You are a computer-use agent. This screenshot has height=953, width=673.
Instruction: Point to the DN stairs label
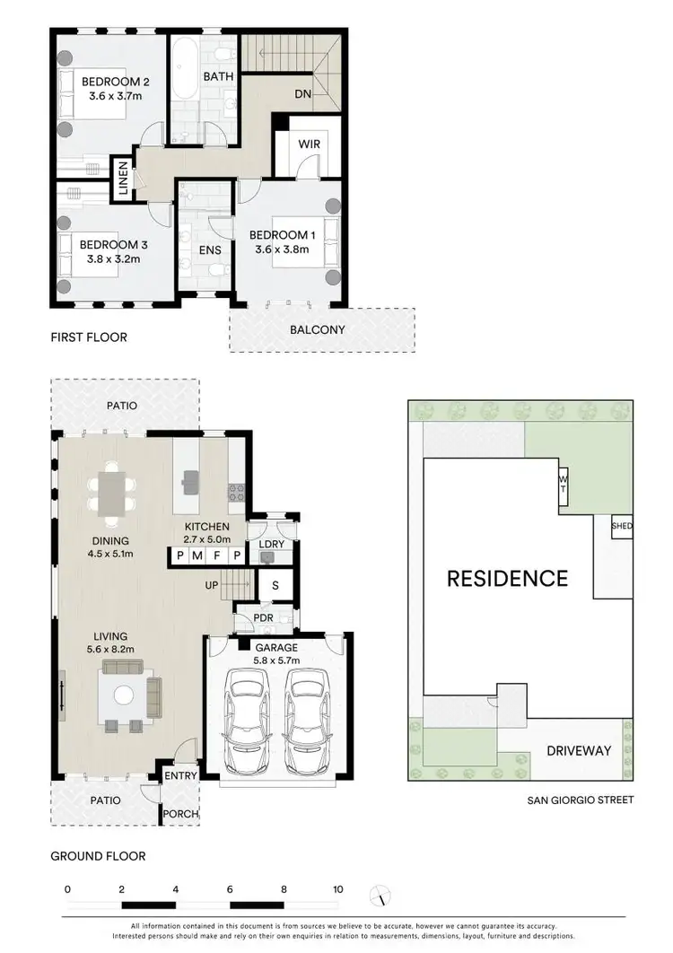coord(302,93)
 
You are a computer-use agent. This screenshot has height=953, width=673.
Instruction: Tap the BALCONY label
coord(317,329)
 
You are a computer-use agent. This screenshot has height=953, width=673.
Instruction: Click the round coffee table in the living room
coord(122,693)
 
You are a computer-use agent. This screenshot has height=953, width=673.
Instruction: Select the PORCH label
coord(179,814)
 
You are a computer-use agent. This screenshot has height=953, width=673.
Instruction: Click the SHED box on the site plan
coord(621,526)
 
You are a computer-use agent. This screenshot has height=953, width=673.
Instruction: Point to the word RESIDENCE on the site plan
coord(507,578)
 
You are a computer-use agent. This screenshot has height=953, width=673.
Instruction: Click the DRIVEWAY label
coord(579,750)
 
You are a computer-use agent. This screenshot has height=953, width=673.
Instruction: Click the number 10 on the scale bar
coord(338,889)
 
